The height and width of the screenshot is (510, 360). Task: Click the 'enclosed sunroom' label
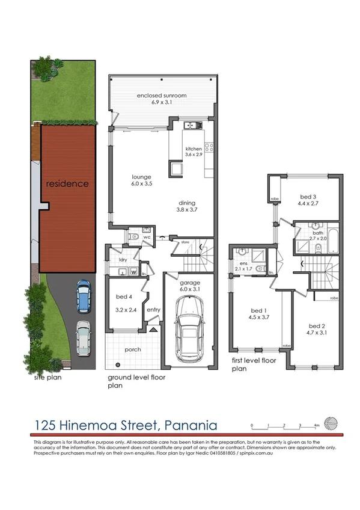coord(162,95)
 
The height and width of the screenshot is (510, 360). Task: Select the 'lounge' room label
coord(141,177)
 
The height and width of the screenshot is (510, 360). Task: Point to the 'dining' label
coord(187,203)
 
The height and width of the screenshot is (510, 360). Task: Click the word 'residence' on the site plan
coord(67,183)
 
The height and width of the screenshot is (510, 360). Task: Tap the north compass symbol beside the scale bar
coord(330,422)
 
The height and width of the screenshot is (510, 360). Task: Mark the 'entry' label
coord(153,310)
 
